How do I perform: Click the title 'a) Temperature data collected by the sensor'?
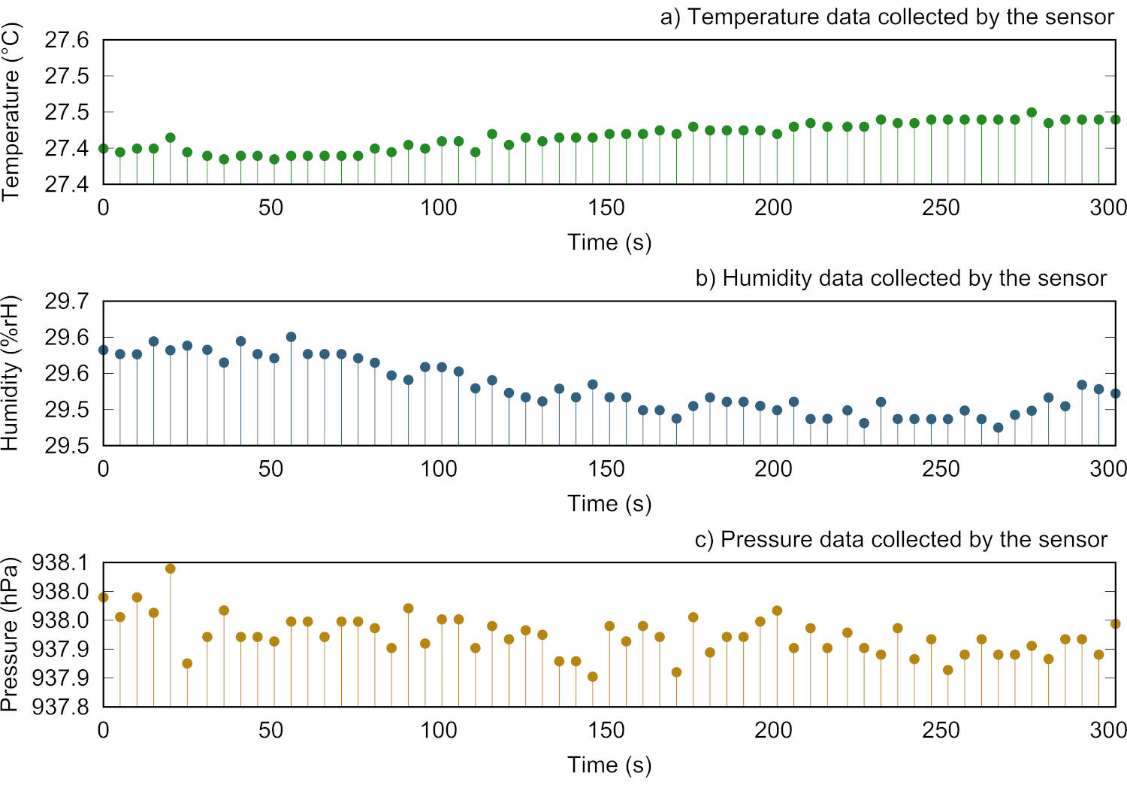click(x=887, y=17)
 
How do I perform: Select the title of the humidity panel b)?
click(x=900, y=278)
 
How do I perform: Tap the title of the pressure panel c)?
click(x=900, y=539)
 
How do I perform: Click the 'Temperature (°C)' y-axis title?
click(x=11, y=111)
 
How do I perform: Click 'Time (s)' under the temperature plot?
click(x=609, y=242)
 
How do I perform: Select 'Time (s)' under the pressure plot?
click(x=609, y=765)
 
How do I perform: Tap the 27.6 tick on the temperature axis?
click(x=67, y=40)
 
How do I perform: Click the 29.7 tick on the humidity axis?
click(x=67, y=302)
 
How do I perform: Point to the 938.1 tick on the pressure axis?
click(x=60, y=563)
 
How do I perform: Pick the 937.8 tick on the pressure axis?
click(x=60, y=707)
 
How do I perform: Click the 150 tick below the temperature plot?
click(x=606, y=208)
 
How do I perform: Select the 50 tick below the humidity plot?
click(x=270, y=469)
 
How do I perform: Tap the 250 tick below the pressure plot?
click(x=941, y=730)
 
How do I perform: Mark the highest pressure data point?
click(x=171, y=568)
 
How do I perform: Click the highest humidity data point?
click(x=291, y=337)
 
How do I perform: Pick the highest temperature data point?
click(x=1032, y=112)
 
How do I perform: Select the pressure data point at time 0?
click(x=104, y=597)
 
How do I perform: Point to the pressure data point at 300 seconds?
click(x=1115, y=623)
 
